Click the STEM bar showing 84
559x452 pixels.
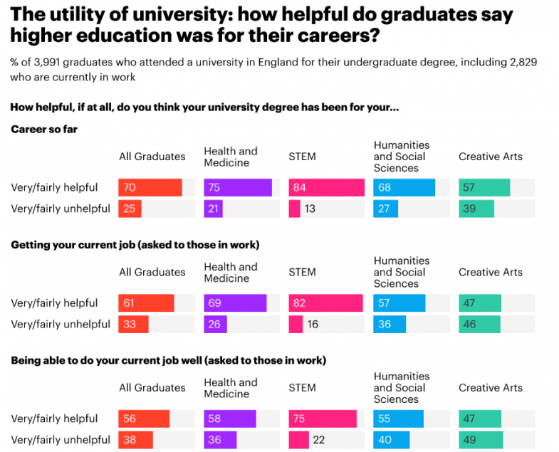point(326,188)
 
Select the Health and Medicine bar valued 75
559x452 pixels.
point(238,188)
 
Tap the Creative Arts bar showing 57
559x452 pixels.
point(484,188)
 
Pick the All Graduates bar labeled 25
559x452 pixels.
point(130,209)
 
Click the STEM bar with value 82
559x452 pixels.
point(325,303)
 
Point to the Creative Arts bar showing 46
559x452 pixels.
point(479,325)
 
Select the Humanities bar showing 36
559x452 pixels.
point(390,325)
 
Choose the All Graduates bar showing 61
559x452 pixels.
point(146,303)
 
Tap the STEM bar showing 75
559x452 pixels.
point(323,419)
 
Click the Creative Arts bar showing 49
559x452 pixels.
point(481,440)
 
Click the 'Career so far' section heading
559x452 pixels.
point(44,130)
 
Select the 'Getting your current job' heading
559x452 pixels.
point(135,245)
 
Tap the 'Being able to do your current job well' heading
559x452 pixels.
point(168,360)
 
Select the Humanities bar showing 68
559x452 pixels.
point(404,188)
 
